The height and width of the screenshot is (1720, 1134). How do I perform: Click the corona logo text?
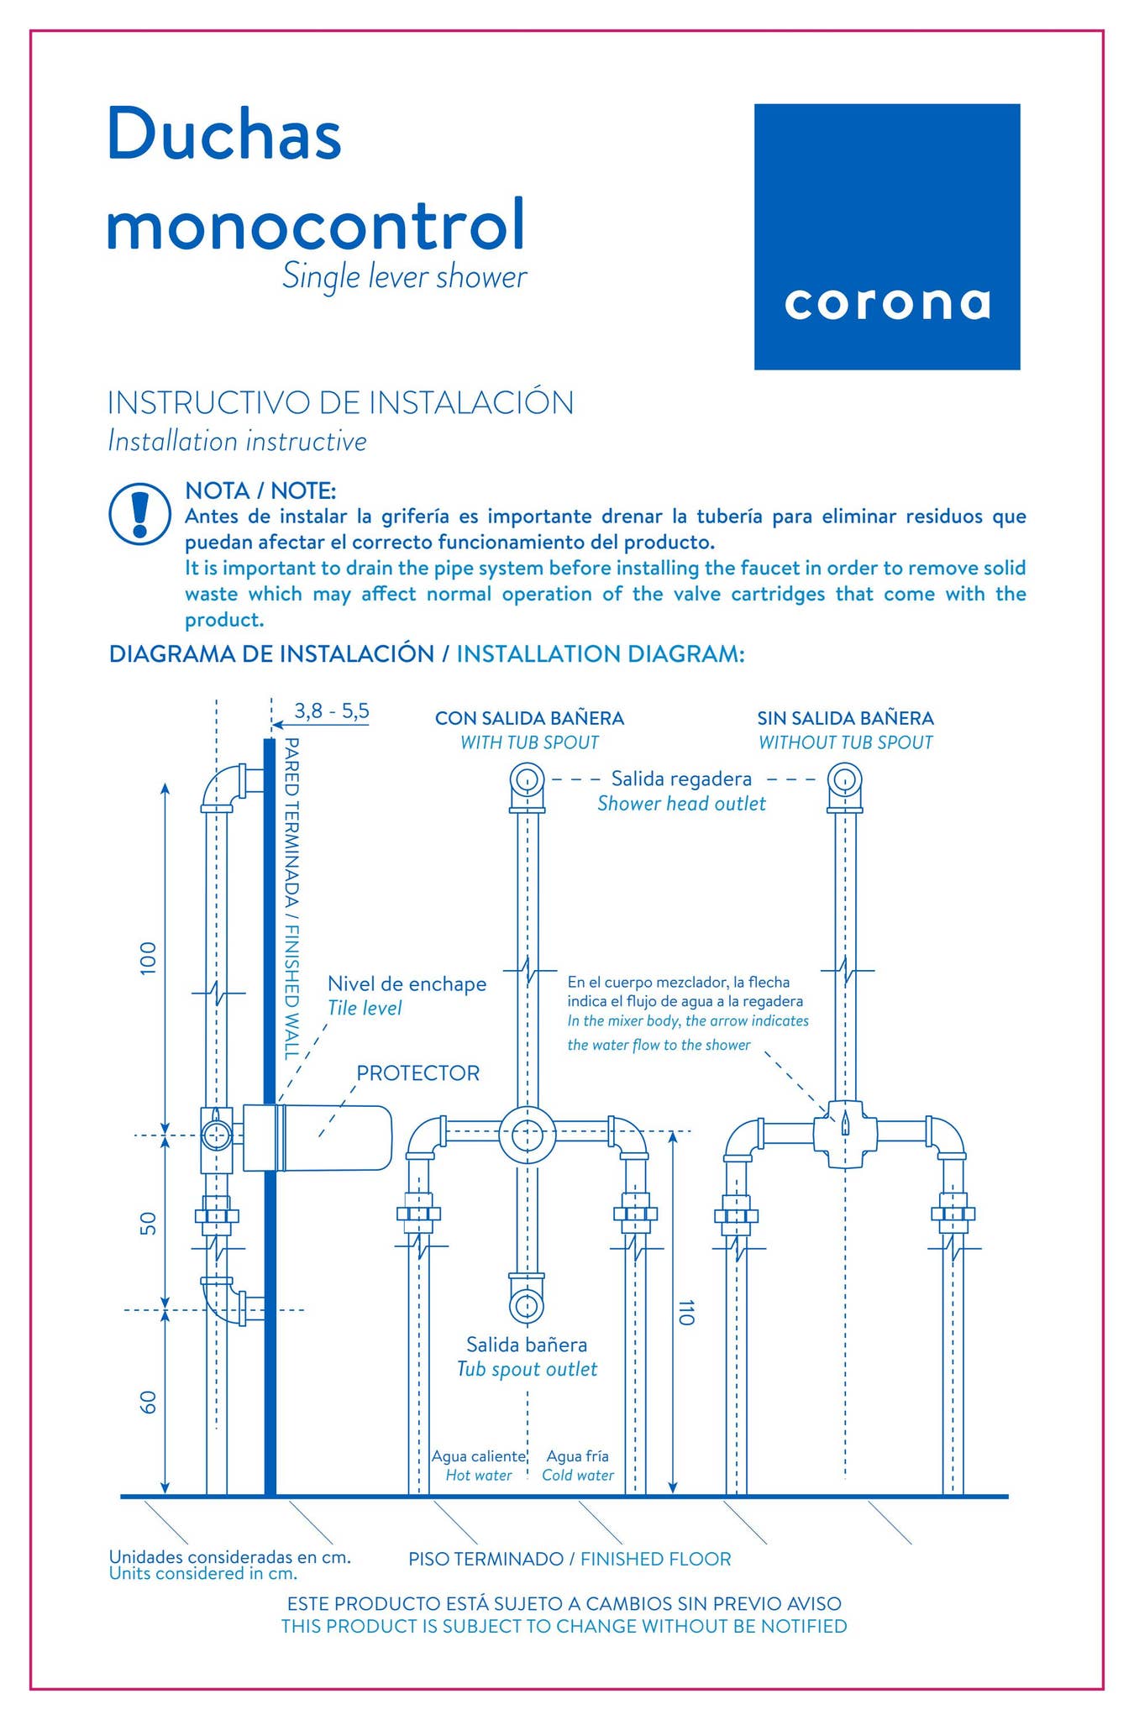click(887, 303)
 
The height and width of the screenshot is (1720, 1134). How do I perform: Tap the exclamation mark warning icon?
click(140, 513)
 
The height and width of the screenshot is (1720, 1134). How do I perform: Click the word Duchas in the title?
click(224, 134)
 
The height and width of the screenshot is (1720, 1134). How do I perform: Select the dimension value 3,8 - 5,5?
click(331, 711)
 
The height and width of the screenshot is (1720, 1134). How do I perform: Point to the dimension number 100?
click(148, 958)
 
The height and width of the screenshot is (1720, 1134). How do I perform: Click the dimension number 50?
click(148, 1223)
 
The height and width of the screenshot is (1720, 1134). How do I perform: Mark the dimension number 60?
click(148, 1402)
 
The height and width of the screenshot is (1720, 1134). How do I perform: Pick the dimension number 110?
click(686, 1312)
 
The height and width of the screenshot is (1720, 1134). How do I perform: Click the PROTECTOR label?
click(417, 1073)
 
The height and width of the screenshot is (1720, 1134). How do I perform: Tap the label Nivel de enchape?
click(407, 983)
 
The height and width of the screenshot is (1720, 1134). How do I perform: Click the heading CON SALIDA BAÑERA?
click(529, 718)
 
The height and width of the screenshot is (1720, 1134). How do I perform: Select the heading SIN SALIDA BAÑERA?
click(845, 718)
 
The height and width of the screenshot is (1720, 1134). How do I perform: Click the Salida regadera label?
click(681, 779)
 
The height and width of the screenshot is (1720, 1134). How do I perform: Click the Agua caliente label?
click(478, 1455)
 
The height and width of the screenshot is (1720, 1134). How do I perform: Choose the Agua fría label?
click(577, 1455)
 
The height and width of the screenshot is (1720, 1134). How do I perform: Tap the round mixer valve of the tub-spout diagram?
click(527, 1135)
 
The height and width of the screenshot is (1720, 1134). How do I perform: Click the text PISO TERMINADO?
click(486, 1559)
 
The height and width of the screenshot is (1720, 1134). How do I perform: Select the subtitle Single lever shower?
click(404, 277)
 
